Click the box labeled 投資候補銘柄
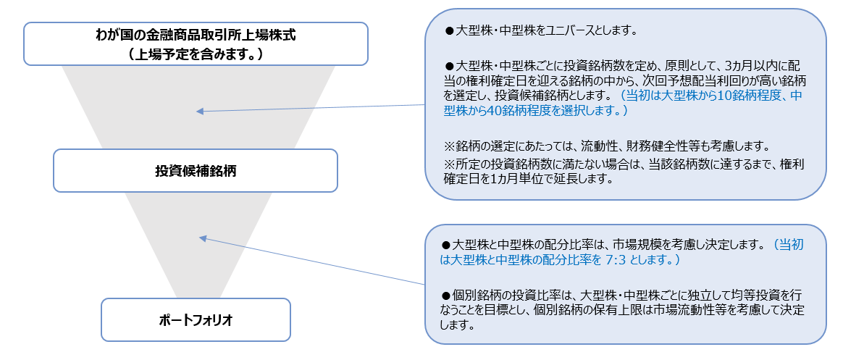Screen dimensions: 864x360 195,170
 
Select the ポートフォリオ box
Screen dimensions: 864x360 196,319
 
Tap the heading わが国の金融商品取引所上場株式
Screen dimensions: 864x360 196,35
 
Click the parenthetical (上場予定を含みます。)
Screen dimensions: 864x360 196,54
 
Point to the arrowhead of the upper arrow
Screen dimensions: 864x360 200,112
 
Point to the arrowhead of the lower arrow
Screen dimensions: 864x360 202,238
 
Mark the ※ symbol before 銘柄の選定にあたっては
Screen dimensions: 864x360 449,147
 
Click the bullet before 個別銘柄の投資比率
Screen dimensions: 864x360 446,294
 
